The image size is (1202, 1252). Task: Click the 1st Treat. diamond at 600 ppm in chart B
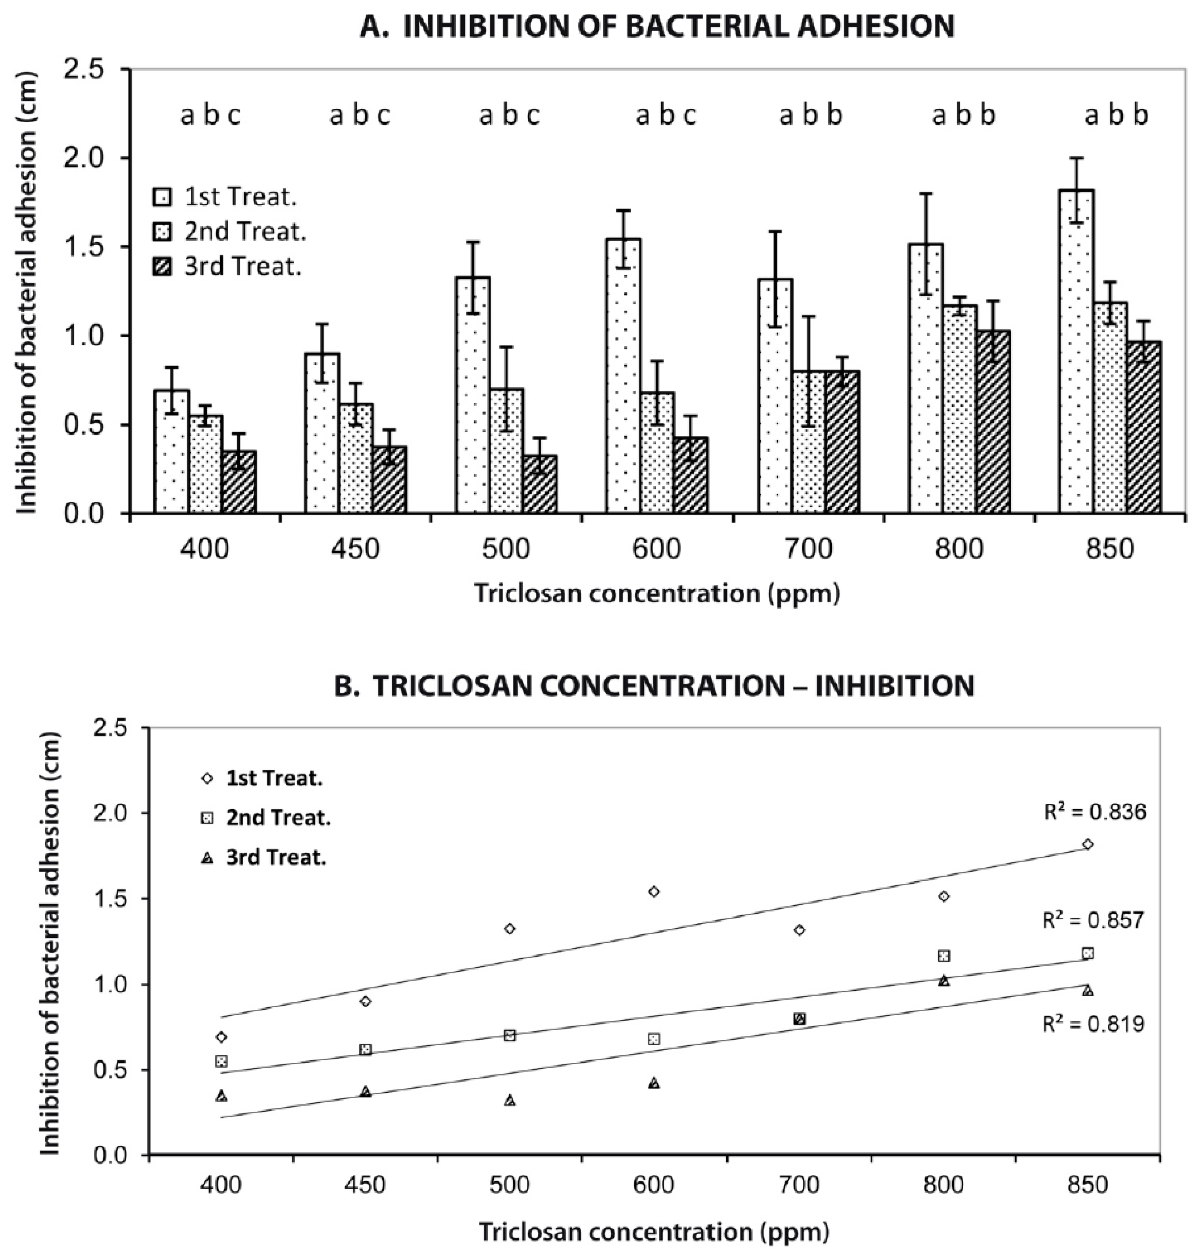(653, 891)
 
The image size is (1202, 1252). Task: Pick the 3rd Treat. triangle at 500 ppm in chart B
(510, 1101)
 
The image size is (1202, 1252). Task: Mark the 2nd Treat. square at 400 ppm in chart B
(222, 1062)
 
